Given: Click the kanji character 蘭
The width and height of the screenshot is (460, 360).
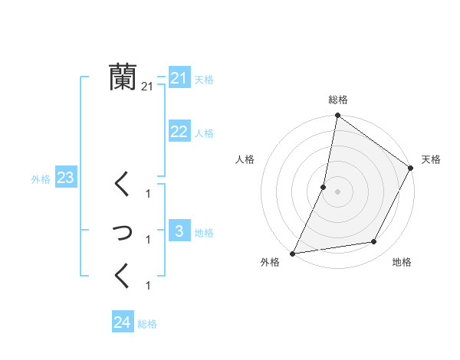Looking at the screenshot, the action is tap(122, 77).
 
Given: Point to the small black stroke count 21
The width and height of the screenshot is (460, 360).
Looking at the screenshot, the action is tap(147, 87).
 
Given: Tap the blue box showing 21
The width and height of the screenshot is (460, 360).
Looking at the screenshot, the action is tap(179, 78).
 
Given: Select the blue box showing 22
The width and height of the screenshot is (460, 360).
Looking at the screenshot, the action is tap(179, 132).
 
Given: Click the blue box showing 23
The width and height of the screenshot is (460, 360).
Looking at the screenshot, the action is tap(65, 178).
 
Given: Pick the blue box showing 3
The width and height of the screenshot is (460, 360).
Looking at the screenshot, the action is tap(179, 231).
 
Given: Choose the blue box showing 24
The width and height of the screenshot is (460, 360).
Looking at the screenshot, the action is tap(122, 322).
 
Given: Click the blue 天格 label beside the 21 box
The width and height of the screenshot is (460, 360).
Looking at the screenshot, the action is tap(204, 79).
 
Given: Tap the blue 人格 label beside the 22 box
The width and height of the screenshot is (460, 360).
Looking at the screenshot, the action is tap(204, 133).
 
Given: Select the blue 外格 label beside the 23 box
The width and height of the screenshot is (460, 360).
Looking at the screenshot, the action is tap(41, 179).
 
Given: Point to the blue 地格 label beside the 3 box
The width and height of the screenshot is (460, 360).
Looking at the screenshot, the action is tap(204, 233).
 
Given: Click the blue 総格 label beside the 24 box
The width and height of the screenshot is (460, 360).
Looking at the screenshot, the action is tap(147, 324).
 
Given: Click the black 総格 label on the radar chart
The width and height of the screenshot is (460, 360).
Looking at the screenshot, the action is tap(337, 100).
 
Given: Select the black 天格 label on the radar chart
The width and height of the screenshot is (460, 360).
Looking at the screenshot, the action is tap(431, 159).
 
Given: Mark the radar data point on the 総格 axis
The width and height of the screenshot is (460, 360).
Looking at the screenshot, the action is tap(337, 116).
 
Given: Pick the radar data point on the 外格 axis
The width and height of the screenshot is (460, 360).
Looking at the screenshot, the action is tap(292, 254).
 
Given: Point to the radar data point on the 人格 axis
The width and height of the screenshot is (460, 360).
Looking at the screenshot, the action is tap(324, 187).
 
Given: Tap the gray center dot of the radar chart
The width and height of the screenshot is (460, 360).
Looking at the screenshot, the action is tap(337, 191).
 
